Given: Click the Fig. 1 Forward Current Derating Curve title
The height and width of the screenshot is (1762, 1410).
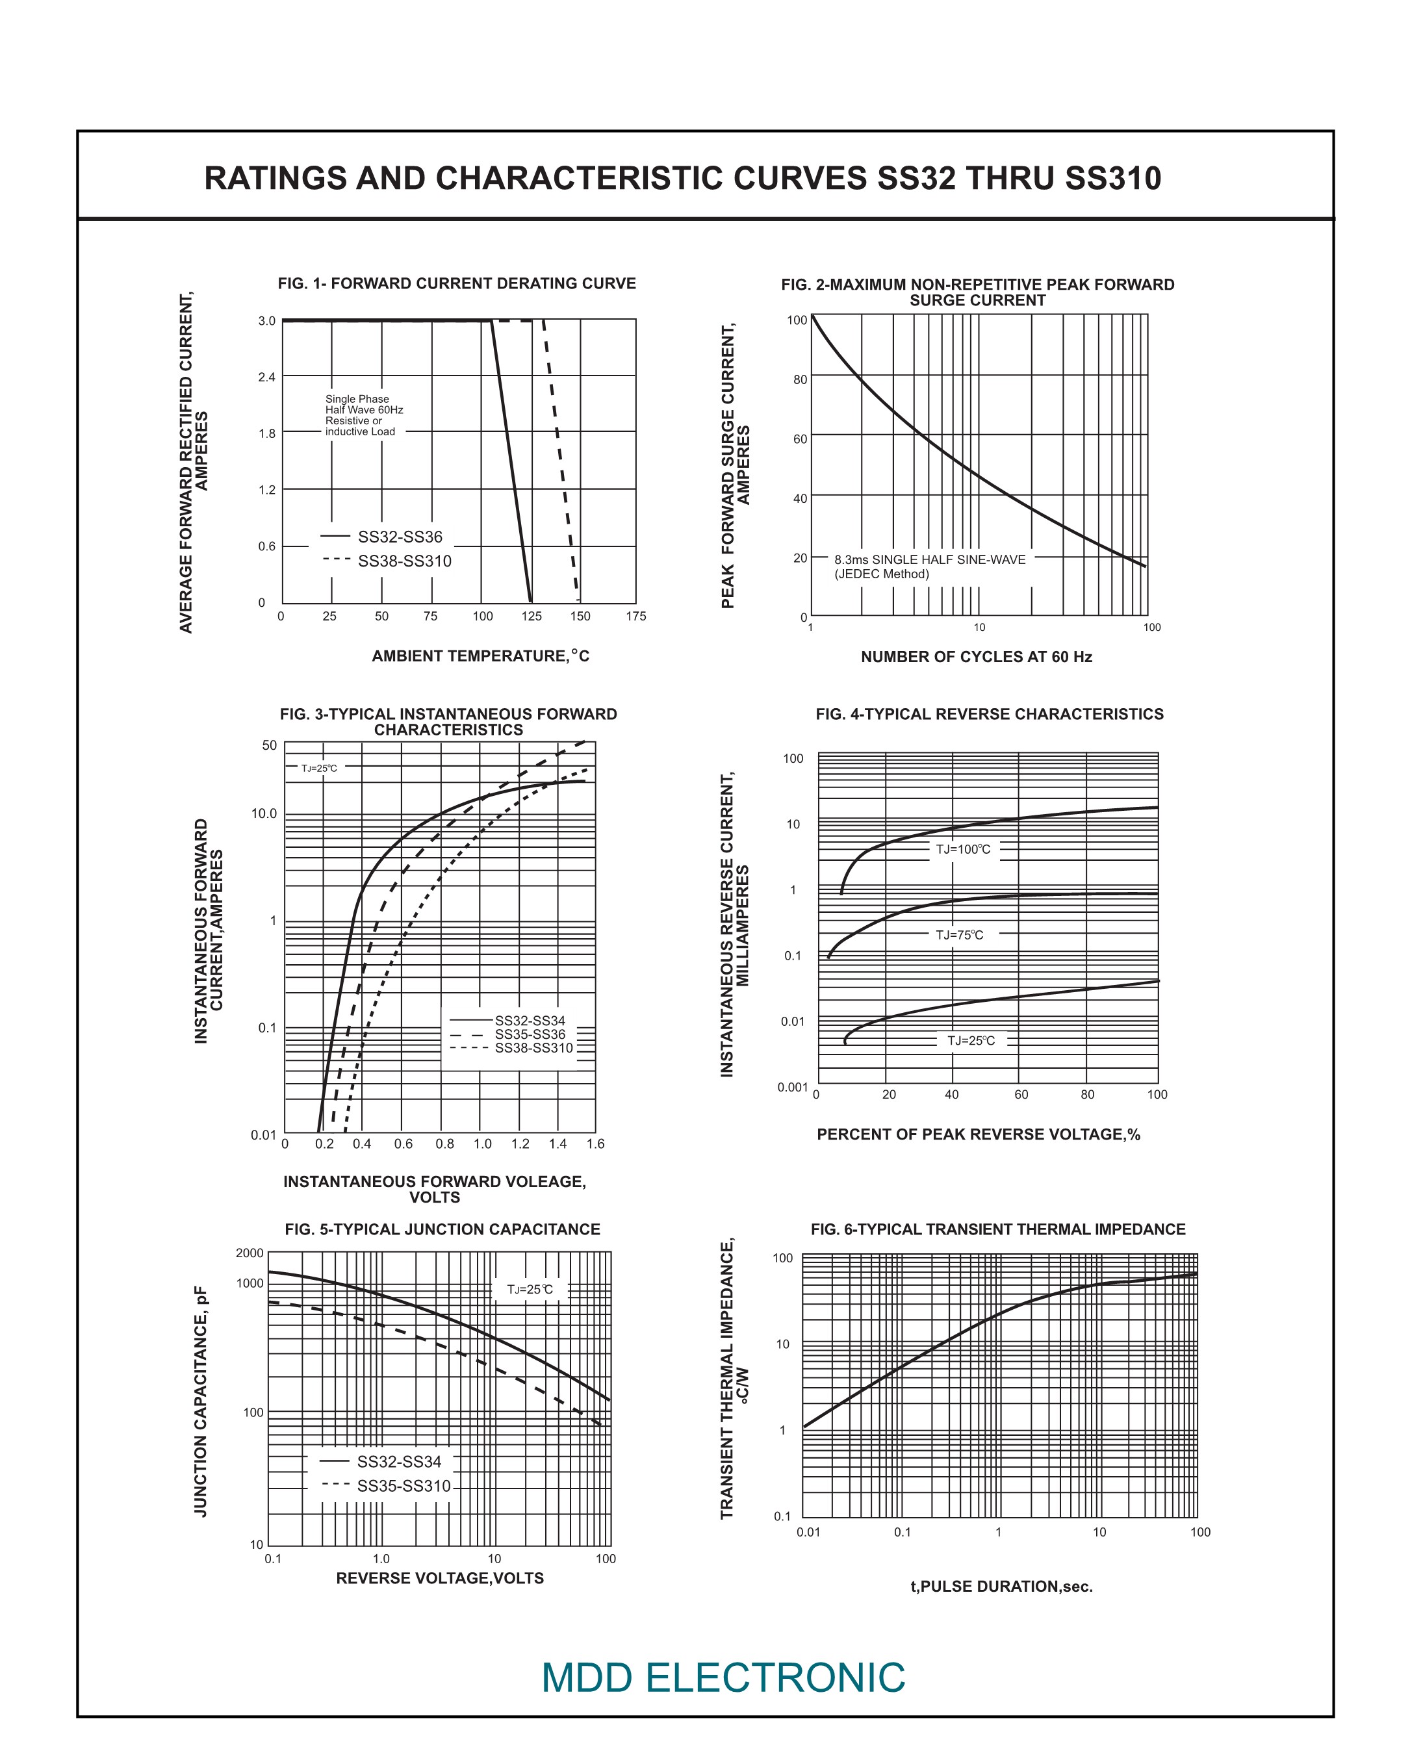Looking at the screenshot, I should tap(456, 283).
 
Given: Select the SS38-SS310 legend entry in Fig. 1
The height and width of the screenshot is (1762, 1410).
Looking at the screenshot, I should tap(404, 561).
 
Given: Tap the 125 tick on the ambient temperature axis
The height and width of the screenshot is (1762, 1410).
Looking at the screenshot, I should tap(532, 616).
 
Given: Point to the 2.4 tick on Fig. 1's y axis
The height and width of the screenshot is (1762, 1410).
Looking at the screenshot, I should tap(266, 377).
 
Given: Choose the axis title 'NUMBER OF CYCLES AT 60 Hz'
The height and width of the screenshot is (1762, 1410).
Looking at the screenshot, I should tap(976, 657).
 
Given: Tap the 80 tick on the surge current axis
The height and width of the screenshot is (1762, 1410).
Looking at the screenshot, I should tap(799, 380).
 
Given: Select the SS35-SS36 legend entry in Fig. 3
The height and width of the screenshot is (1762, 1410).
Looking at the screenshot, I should tap(530, 1034).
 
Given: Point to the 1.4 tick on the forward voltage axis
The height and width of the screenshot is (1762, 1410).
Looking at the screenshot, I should tap(558, 1144).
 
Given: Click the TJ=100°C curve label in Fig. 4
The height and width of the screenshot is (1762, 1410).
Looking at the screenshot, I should tap(963, 850).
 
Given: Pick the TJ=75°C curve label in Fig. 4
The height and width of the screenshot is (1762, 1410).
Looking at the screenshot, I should tap(960, 935).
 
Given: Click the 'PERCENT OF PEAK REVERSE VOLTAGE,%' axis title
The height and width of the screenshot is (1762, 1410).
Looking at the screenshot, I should tap(979, 1134).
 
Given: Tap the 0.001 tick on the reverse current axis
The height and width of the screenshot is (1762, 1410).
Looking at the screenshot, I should tap(792, 1088).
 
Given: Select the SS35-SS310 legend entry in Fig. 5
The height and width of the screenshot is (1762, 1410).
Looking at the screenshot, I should tap(403, 1487).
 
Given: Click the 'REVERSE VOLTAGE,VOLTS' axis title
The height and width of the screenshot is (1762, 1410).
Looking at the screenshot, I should tap(440, 1578).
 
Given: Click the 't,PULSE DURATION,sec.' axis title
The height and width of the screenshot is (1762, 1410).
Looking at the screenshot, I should tap(1001, 1587).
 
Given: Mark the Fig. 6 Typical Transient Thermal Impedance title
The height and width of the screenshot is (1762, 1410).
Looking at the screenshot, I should tap(997, 1230).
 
